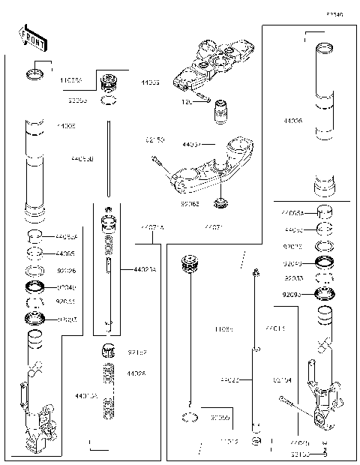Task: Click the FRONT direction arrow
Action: point(28,35)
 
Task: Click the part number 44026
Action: point(136,373)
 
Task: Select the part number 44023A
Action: point(145,269)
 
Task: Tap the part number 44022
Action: point(229,381)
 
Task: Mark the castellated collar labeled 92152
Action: point(107,351)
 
